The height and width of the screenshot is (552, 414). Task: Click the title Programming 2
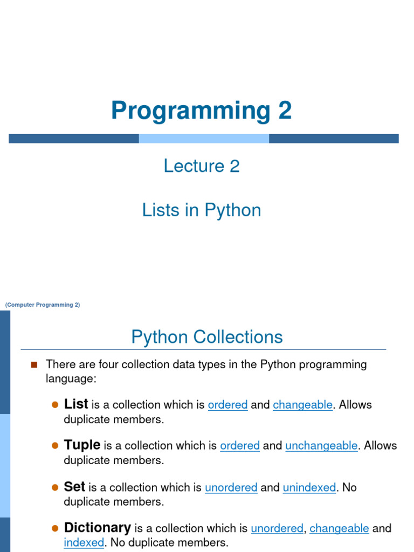coord(201,111)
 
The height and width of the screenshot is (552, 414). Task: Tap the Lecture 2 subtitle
coord(202,166)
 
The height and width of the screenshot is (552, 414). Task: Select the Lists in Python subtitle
coord(202,210)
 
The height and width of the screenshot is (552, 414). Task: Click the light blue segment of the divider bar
coord(204,139)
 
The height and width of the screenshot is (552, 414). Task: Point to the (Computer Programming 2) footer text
coord(43,305)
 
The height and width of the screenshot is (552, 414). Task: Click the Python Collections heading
coord(206,337)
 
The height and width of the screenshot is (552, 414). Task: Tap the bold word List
coord(76,404)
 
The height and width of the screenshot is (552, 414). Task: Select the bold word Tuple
coord(82,445)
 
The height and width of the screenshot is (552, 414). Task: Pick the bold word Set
coord(74,487)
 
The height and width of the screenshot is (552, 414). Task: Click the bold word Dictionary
coord(98,528)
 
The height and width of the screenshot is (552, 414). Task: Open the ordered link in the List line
coord(227,405)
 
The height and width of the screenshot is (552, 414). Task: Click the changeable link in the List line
coord(302,405)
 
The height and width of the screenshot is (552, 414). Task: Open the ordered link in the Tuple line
coord(240,446)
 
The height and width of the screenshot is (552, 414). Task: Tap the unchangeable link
coord(321,446)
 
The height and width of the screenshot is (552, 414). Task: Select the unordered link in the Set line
coord(231,487)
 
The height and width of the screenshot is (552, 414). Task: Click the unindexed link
coord(309,487)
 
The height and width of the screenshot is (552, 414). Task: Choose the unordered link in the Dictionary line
coord(277,528)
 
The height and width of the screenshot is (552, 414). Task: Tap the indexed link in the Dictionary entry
coord(84,542)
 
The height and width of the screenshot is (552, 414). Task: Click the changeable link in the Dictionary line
coord(339,528)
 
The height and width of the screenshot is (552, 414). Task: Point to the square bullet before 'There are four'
coord(34,364)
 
